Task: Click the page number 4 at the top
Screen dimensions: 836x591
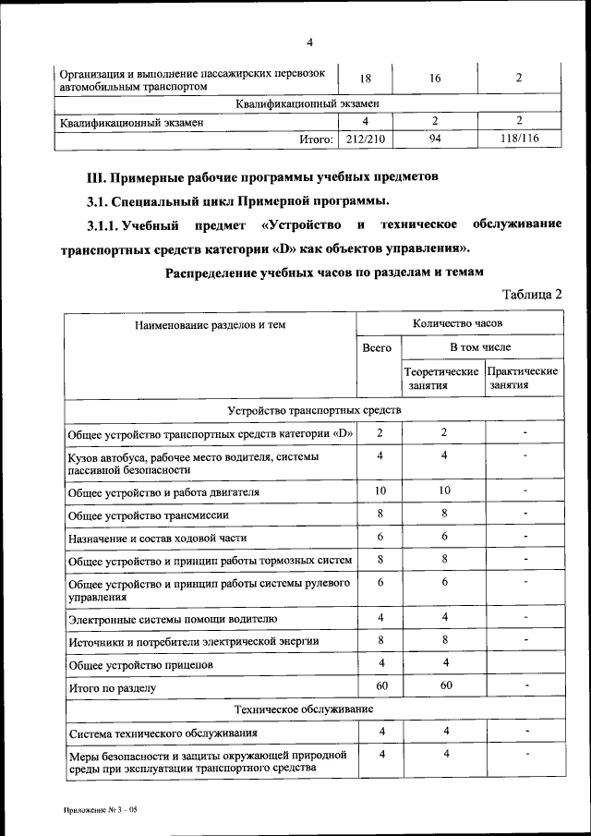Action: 309,42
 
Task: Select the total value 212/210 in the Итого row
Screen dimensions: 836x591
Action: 365,139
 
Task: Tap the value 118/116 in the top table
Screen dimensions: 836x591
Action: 518,139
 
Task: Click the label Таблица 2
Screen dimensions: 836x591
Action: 532,294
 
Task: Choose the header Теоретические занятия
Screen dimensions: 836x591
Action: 440,378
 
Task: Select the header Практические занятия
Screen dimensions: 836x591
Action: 524,378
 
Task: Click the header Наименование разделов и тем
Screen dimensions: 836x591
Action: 210,325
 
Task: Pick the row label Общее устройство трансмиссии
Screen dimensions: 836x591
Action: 148,515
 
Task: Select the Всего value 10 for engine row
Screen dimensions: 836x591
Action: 379,490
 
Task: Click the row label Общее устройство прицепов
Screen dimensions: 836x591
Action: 140,664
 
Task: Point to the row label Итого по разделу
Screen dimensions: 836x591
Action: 113,688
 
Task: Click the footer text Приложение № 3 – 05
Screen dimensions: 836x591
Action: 100,809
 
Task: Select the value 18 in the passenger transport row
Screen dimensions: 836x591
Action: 365,79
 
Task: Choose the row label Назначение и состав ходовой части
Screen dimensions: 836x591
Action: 157,538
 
